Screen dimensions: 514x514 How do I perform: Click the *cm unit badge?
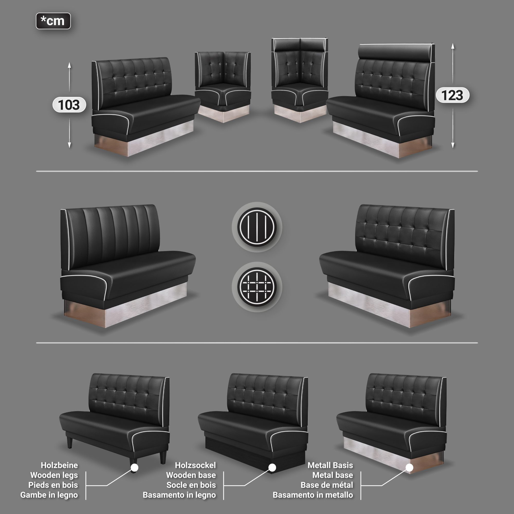[53, 21]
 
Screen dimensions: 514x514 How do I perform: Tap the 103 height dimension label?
[69, 105]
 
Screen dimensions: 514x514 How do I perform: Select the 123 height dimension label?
[453, 95]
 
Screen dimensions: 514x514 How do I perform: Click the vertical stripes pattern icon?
[257, 227]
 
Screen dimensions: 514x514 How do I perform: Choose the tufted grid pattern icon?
[257, 287]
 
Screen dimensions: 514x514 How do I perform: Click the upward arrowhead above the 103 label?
[69, 65]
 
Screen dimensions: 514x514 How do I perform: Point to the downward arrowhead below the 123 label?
[453, 145]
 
